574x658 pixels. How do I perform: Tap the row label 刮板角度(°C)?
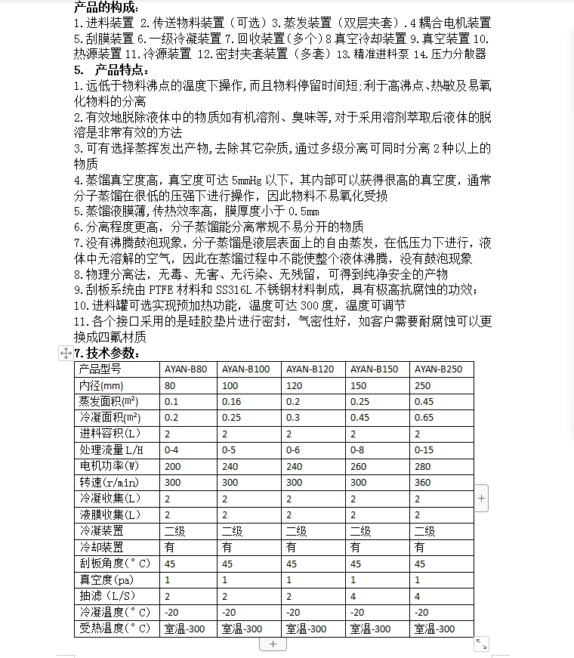[x=115, y=564]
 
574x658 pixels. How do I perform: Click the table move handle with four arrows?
[x=66, y=353]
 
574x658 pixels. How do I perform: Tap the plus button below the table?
[x=273, y=644]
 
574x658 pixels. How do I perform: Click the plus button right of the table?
[x=482, y=499]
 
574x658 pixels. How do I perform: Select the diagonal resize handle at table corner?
[x=481, y=644]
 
